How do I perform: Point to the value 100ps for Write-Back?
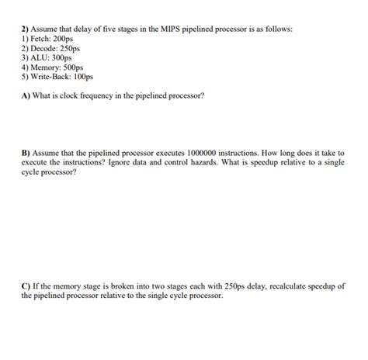coord(83,77)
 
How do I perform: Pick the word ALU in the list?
coord(39,57)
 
